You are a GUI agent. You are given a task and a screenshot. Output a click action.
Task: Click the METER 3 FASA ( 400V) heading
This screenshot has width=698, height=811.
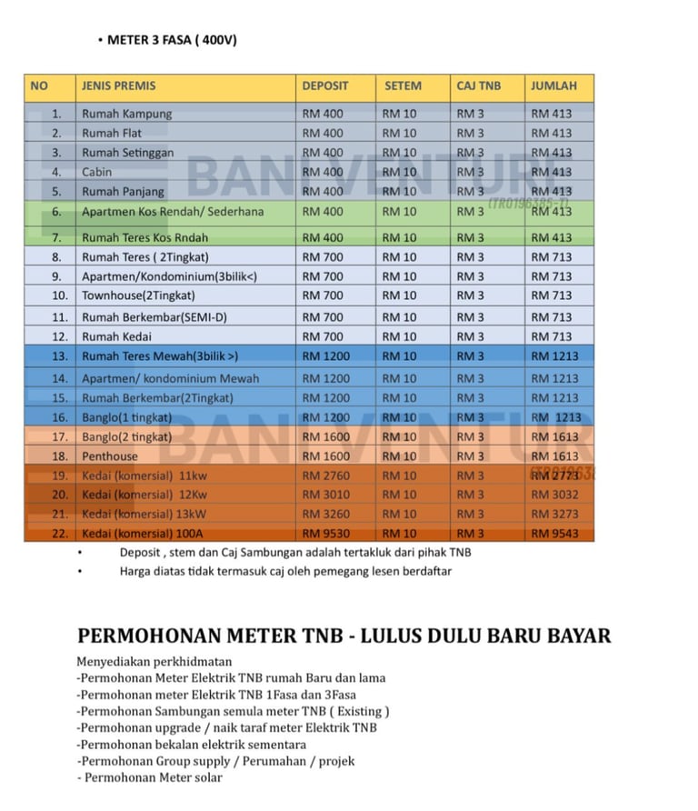pos(172,40)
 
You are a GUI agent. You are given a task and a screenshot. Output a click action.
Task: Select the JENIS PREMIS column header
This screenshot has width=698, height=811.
pos(118,86)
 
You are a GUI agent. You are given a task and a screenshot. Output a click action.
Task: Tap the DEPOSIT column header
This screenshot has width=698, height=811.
pos(324,86)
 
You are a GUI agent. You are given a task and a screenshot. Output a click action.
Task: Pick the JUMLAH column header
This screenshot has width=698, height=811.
pos(553,86)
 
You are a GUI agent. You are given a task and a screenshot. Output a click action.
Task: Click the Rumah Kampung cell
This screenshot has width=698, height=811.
pos(126,115)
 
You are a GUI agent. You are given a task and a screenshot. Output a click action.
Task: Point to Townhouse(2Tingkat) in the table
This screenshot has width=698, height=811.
pos(138,295)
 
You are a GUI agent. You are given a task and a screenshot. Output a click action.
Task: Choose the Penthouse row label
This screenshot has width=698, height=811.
pos(110,456)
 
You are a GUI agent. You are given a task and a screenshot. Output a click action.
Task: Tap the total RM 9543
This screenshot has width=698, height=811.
pos(554,534)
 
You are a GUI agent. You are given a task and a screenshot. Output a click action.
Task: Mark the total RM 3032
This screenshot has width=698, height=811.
pos(554,495)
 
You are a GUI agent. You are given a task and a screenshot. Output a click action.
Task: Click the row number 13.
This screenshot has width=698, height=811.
pos(60,356)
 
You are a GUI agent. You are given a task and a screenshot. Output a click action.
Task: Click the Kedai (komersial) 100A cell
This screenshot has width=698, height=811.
pos(143,534)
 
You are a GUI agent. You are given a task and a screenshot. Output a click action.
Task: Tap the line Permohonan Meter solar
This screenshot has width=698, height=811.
pos(151,777)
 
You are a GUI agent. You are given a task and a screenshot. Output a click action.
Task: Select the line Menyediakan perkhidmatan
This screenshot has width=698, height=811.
pos(154,661)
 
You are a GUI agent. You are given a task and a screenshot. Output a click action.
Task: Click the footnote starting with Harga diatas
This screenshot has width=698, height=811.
pos(285,572)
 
